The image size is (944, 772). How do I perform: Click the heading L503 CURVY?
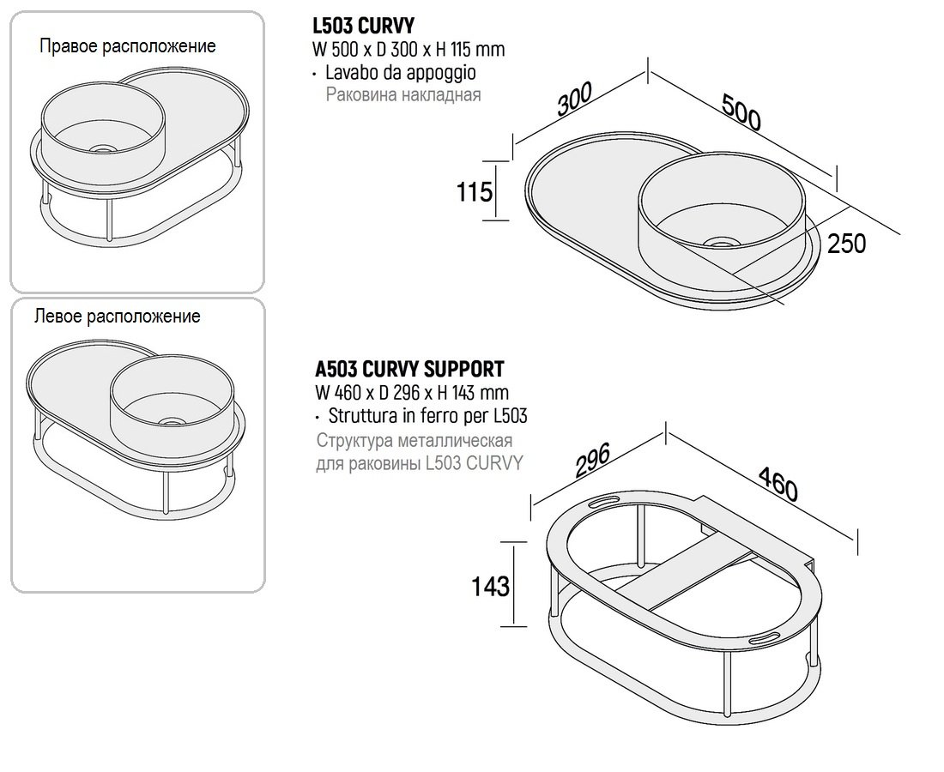click(364, 27)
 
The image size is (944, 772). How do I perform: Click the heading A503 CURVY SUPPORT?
click(409, 370)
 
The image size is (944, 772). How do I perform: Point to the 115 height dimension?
click(474, 190)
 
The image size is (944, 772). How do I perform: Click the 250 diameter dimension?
click(846, 244)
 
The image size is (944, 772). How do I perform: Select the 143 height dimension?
click(490, 586)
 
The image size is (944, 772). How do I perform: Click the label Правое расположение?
click(127, 46)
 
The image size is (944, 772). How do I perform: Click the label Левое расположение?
click(117, 317)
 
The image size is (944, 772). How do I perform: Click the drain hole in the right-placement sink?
click(102, 148)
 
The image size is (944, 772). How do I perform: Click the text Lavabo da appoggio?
click(400, 73)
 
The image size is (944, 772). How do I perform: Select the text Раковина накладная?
click(403, 95)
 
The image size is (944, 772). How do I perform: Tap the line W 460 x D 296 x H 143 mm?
click(410, 394)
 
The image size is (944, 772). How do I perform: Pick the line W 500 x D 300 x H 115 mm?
click(408, 50)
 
